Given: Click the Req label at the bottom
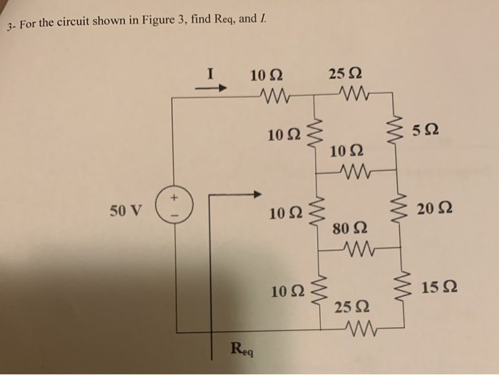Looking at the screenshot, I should pyautogui.click(x=242, y=349).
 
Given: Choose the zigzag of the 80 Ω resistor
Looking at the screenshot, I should pyautogui.click(x=356, y=249).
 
